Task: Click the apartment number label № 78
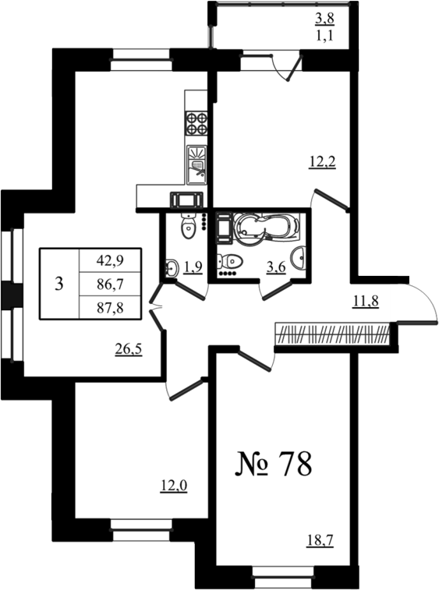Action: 274,464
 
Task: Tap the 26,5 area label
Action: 129,350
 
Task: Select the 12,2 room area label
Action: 322,162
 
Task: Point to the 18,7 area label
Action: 320,541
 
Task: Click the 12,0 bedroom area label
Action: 174,486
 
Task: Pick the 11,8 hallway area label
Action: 365,301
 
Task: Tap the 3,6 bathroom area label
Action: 276,267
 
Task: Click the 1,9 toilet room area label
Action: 193,267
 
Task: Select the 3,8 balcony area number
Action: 324,18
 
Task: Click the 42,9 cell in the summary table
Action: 110,260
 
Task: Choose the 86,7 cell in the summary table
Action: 110,284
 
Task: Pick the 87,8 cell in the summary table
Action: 110,308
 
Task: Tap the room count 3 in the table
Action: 58,284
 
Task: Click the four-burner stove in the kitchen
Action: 196,123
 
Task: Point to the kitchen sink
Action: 197,164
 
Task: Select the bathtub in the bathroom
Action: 266,227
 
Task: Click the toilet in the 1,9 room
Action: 189,226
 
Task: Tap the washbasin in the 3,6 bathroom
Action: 299,258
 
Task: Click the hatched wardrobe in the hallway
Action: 332,334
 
